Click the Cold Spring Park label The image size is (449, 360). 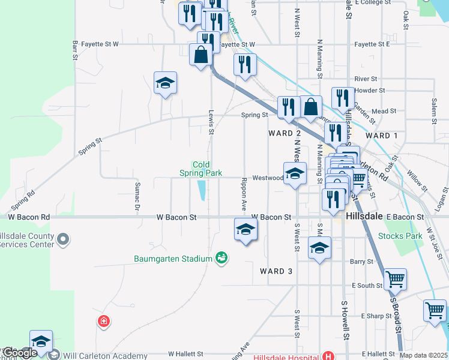[201, 169]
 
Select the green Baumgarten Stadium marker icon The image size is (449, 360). [221, 258]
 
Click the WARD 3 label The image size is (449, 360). [276, 271]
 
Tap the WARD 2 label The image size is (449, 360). [285, 133]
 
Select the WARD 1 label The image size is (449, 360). [382, 136]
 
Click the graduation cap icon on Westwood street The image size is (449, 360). [295, 175]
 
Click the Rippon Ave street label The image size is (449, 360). [244, 193]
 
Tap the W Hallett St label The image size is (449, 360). [186, 355]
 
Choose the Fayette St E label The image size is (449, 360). [372, 44]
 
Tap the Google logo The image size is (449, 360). [20, 353]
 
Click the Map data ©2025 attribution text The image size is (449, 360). [424, 355]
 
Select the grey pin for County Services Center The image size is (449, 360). [62, 241]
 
